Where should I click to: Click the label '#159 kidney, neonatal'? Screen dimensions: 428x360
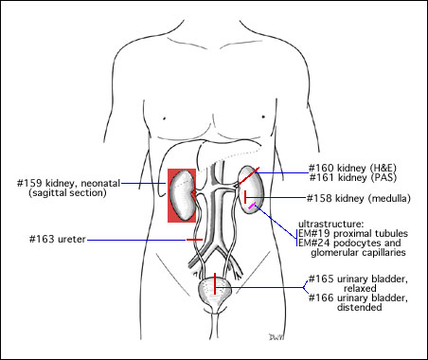point(68,183)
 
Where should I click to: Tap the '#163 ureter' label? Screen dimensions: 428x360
point(58,240)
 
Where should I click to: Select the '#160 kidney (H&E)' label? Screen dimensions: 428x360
point(352,168)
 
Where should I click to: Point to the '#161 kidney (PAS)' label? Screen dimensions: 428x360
point(352,177)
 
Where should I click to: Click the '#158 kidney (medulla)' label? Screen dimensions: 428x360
point(359,198)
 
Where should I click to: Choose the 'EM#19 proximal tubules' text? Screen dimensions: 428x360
point(353,233)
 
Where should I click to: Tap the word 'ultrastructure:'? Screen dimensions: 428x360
point(331,224)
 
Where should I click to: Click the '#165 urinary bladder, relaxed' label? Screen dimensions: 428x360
point(358,283)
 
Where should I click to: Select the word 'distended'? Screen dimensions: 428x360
point(360,307)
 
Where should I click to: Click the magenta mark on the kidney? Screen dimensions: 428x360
point(252,206)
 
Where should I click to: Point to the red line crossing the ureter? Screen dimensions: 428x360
point(194,240)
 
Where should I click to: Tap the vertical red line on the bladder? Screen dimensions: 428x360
point(215,283)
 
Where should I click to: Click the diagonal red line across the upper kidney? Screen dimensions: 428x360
point(248,176)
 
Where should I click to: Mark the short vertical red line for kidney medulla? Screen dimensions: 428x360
point(245,197)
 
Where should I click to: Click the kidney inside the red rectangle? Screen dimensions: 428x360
point(182,195)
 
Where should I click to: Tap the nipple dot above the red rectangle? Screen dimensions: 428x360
point(165,118)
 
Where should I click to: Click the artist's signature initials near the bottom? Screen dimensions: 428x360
point(276,337)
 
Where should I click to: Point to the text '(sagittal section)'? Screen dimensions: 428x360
point(67,192)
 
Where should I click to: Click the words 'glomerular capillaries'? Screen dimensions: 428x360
point(358,252)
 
